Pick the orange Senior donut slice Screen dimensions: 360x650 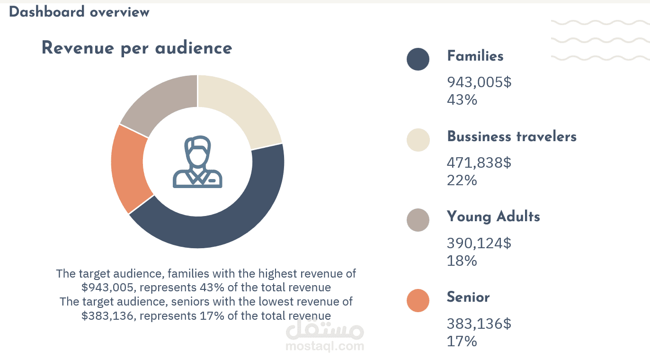tap(128, 168)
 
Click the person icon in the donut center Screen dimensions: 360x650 tap(197, 162)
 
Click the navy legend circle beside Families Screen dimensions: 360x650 tap(418, 59)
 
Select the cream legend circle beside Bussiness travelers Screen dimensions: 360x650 tap(418, 140)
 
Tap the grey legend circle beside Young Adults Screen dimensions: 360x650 tap(418, 220)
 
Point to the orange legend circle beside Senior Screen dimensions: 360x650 tap(418, 301)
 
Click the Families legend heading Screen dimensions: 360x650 tap(475, 56)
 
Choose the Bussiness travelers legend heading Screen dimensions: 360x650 tap(512, 137)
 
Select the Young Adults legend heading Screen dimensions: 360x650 tap(493, 217)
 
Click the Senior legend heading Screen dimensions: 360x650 tap(468, 297)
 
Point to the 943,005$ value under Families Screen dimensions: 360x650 tap(479, 82)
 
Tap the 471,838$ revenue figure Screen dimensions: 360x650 tap(479, 163)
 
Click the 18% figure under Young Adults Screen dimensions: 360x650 tap(462, 261)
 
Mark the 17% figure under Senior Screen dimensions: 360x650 tap(462, 342)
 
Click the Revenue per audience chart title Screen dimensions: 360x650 tap(137, 48)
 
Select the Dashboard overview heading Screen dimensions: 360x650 tap(79, 12)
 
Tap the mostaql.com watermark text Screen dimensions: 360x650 tap(325, 346)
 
